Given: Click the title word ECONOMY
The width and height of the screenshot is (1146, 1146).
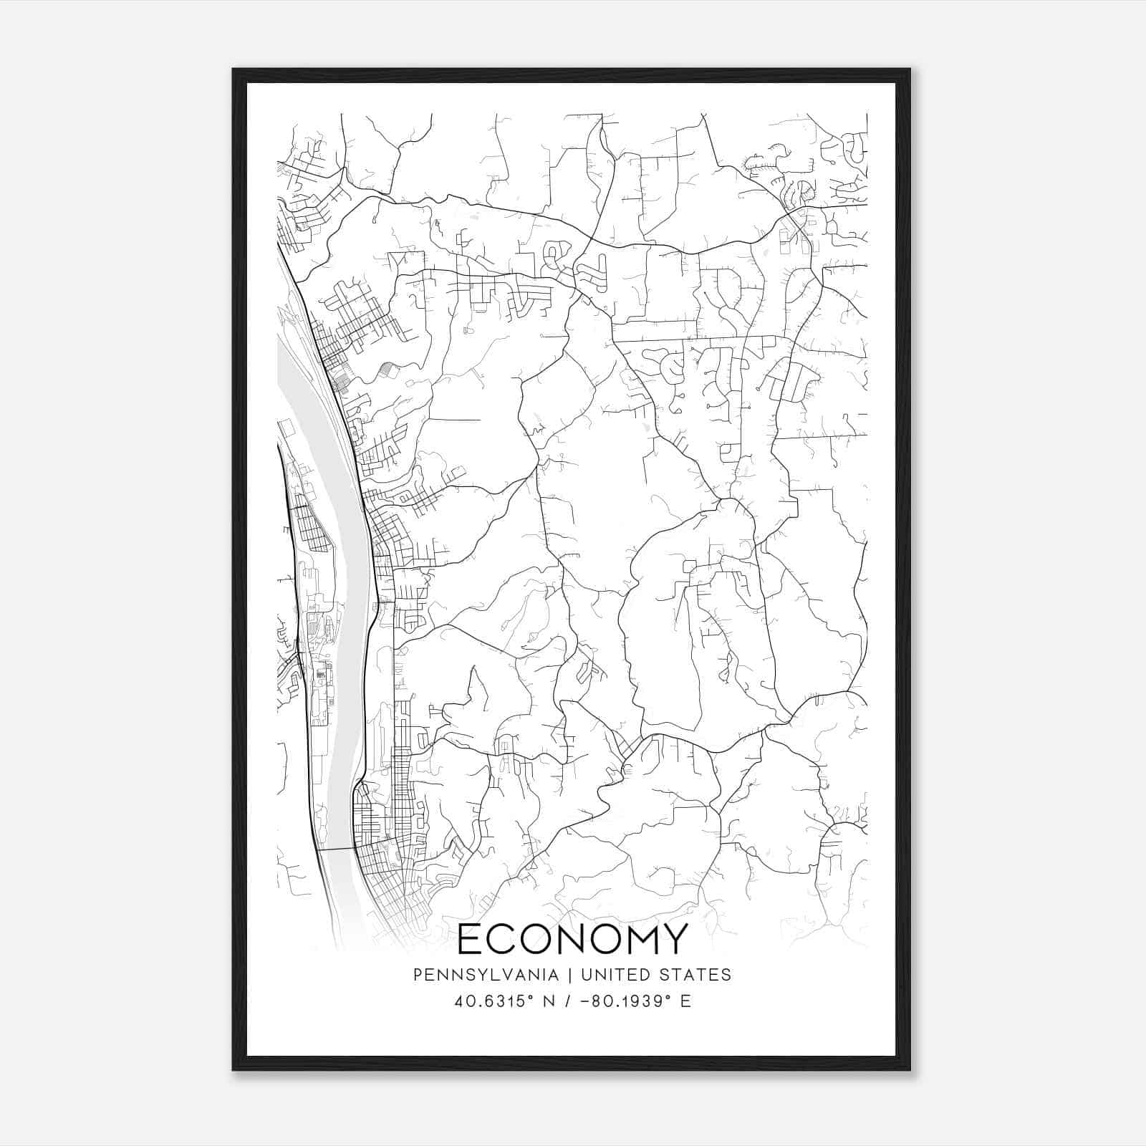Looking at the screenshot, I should pos(572,939).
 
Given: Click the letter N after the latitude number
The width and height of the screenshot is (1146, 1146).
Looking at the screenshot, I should pos(550,1001).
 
